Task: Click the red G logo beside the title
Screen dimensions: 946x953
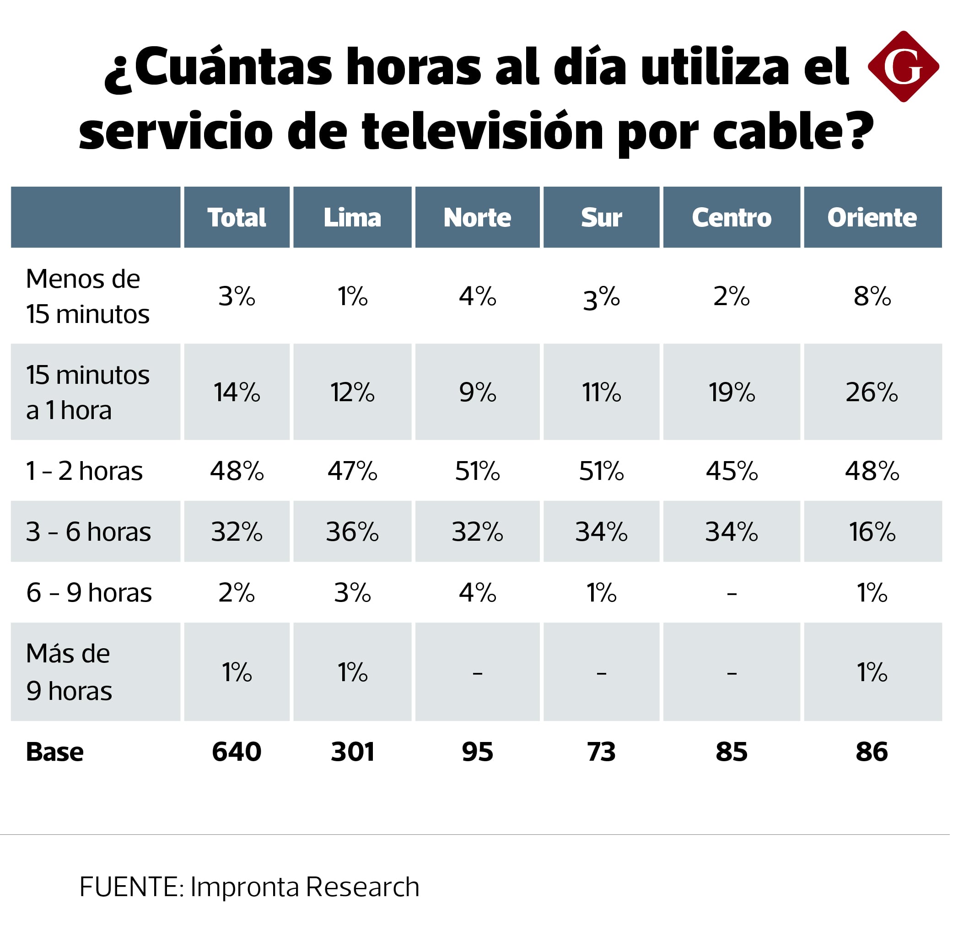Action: tap(903, 67)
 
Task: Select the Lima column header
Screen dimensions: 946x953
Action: tap(352, 217)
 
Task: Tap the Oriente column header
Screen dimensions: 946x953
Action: tap(872, 217)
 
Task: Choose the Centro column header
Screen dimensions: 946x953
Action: tap(731, 217)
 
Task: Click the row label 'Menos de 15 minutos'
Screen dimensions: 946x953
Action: tap(87, 296)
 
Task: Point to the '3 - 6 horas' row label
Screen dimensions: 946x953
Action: tap(88, 532)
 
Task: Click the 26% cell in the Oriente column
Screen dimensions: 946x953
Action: tap(872, 392)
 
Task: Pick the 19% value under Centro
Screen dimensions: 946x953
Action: tap(732, 392)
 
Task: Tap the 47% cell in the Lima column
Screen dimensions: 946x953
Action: tap(352, 471)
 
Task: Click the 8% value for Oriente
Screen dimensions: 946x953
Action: tap(872, 296)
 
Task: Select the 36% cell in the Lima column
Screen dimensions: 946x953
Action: tap(352, 532)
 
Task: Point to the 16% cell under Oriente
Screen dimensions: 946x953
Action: tap(872, 532)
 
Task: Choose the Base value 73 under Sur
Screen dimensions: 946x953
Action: tap(601, 752)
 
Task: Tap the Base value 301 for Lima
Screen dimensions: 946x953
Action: tap(352, 752)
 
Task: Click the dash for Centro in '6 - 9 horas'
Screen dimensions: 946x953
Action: tap(732, 593)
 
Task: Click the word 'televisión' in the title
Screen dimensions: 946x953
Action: tap(482, 131)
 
